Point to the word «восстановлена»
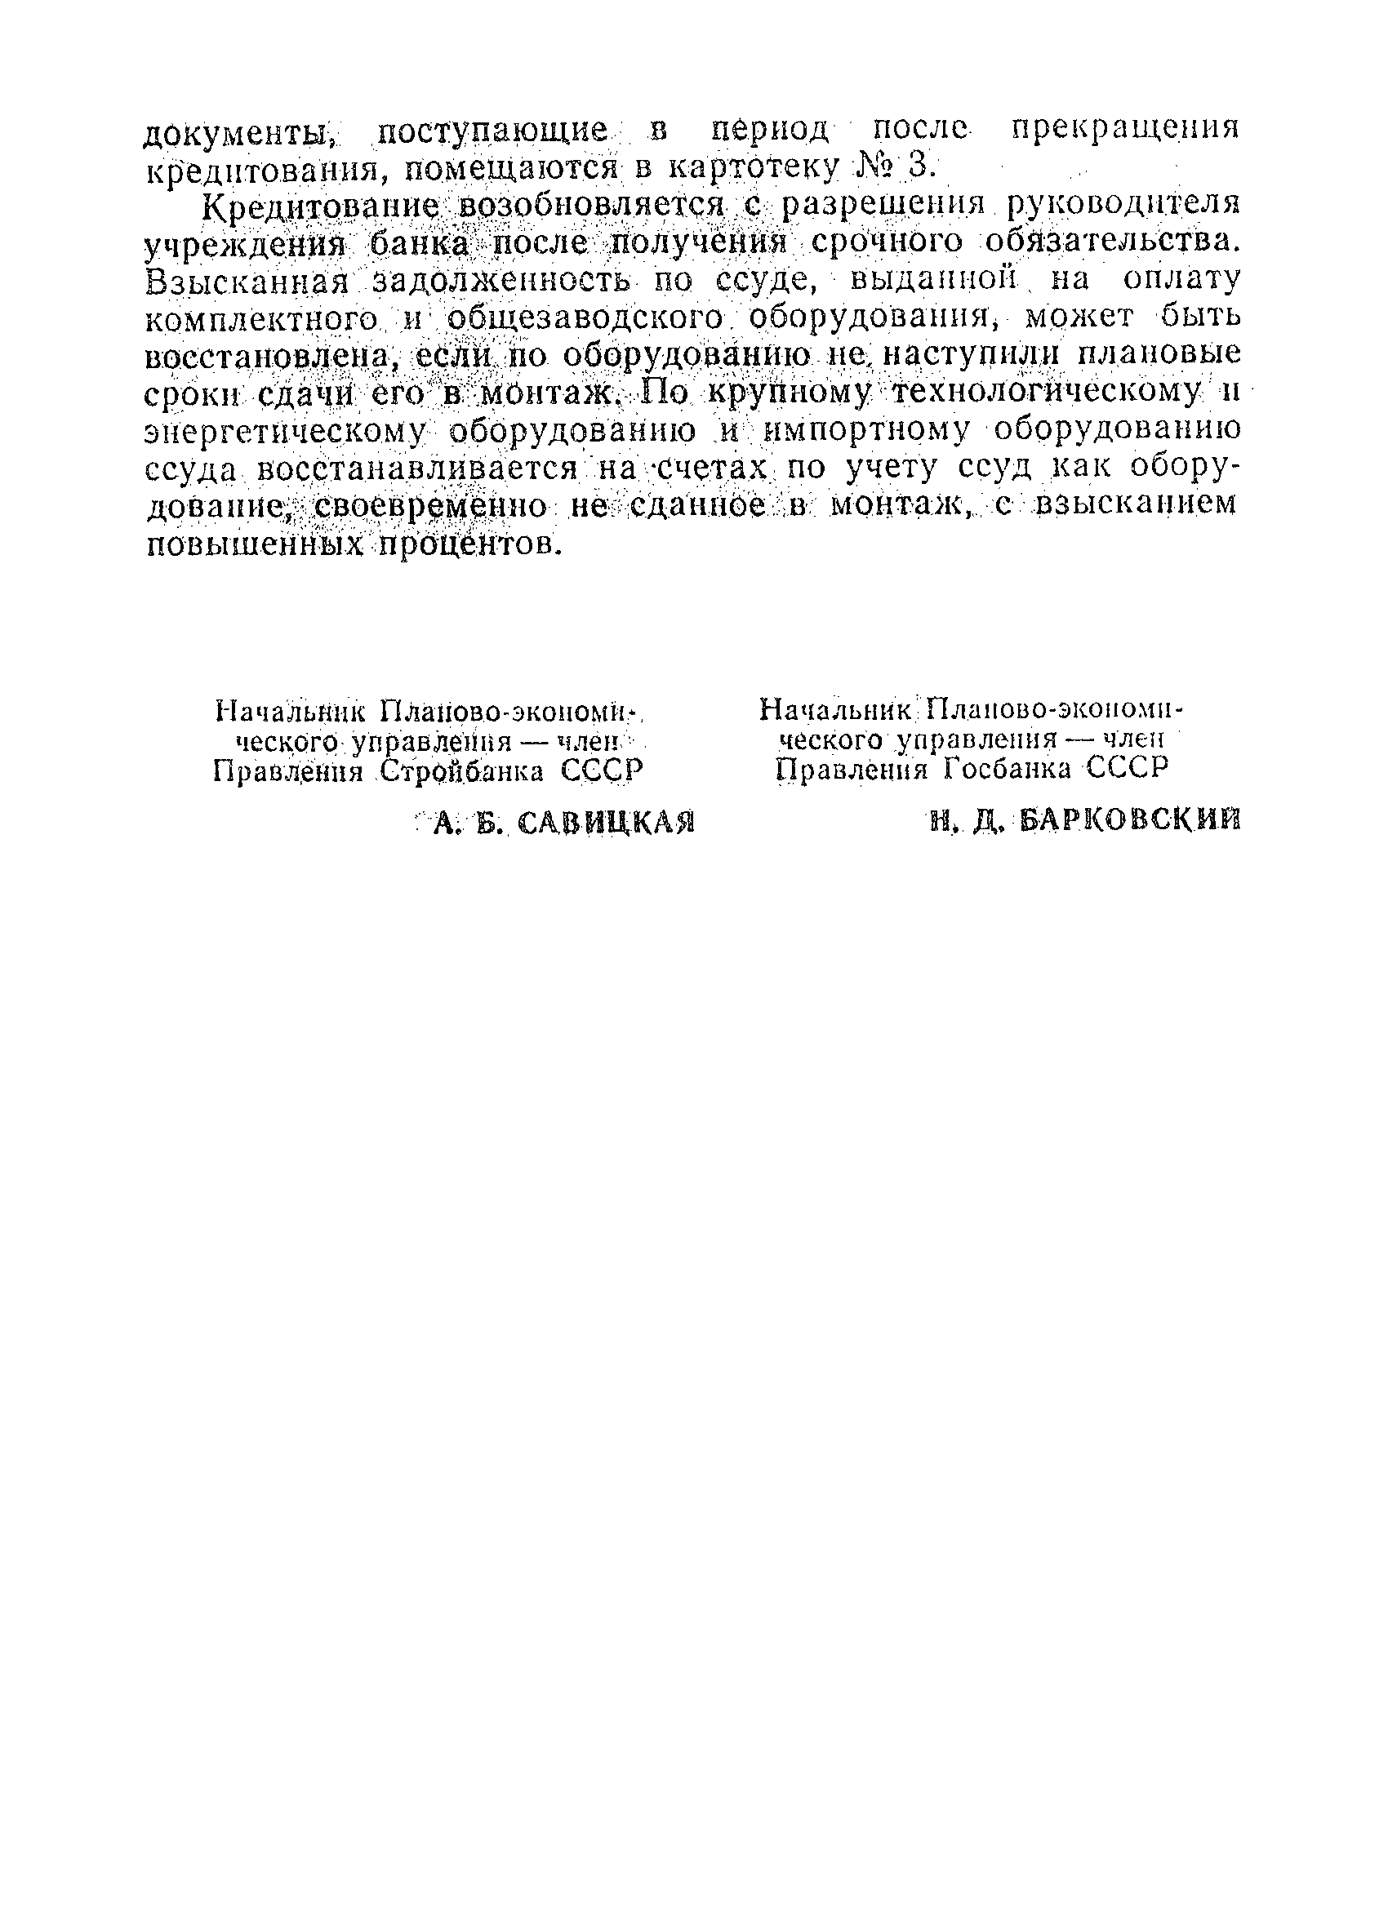267,356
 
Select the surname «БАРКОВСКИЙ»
1127,820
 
